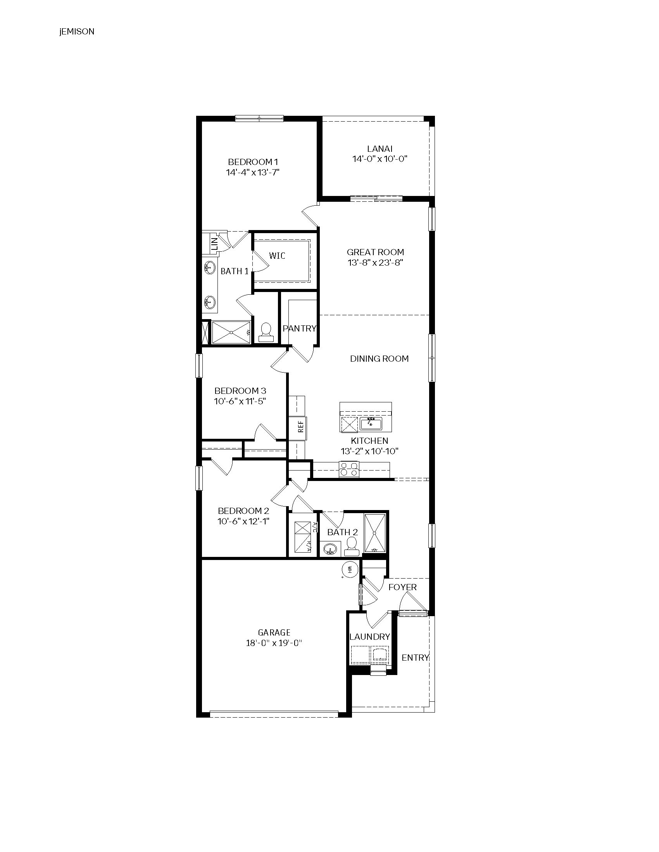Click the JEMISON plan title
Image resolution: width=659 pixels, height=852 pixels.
[x=77, y=32]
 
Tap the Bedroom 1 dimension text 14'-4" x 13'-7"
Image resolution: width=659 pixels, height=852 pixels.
[x=253, y=172]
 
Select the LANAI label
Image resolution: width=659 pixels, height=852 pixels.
[x=380, y=149]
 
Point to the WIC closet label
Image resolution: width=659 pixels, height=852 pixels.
[x=277, y=256]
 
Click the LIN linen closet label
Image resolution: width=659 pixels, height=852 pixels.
[x=214, y=244]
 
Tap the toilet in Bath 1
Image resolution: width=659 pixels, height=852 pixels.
[x=266, y=333]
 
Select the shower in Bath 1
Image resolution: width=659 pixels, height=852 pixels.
[x=231, y=332]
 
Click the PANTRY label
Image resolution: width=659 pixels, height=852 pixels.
[x=299, y=328]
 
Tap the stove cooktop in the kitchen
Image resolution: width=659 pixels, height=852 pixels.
[x=349, y=469]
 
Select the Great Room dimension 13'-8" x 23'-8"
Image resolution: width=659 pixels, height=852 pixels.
[x=375, y=263]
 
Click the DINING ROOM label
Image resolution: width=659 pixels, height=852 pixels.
[x=379, y=359]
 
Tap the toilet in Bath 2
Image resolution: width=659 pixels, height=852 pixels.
[x=351, y=546]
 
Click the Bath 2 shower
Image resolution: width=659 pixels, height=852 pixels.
[x=375, y=533]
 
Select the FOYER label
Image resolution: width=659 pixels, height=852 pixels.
[x=402, y=587]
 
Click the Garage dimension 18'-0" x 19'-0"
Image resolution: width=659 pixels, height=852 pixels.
[x=274, y=643]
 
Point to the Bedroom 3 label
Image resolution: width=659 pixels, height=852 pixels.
[x=240, y=390]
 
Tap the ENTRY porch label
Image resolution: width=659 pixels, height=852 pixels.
[x=416, y=657]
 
